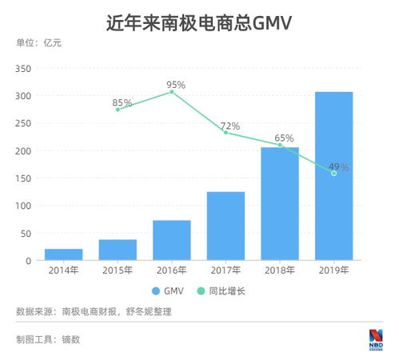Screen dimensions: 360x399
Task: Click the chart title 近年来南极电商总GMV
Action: [199, 23]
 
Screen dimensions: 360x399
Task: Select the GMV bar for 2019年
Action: [333, 176]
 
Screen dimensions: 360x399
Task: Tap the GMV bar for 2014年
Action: [63, 254]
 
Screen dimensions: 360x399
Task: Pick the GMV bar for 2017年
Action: [225, 226]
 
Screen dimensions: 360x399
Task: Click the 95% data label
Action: [176, 84]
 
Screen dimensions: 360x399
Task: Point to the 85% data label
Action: [122, 102]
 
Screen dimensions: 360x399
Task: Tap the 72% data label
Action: [230, 126]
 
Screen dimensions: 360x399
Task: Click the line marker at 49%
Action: [333, 173]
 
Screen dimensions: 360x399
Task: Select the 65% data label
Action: [284, 138]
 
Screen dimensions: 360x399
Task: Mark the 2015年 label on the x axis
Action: [118, 270]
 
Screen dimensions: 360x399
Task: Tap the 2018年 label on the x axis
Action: [280, 270]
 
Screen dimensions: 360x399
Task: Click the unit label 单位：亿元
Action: [38, 42]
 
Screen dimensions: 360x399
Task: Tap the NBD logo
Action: [375, 338]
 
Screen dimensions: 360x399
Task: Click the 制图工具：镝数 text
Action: [48, 338]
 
